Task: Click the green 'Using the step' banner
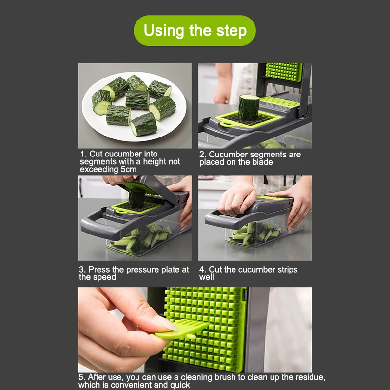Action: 195,31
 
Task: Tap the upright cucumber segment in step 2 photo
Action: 249,107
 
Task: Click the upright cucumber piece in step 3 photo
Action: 136,198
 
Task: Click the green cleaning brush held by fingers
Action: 182,329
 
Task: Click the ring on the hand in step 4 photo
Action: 305,213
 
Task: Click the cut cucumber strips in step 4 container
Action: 256,234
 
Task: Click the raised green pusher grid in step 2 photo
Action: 284,72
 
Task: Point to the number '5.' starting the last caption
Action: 82,377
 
